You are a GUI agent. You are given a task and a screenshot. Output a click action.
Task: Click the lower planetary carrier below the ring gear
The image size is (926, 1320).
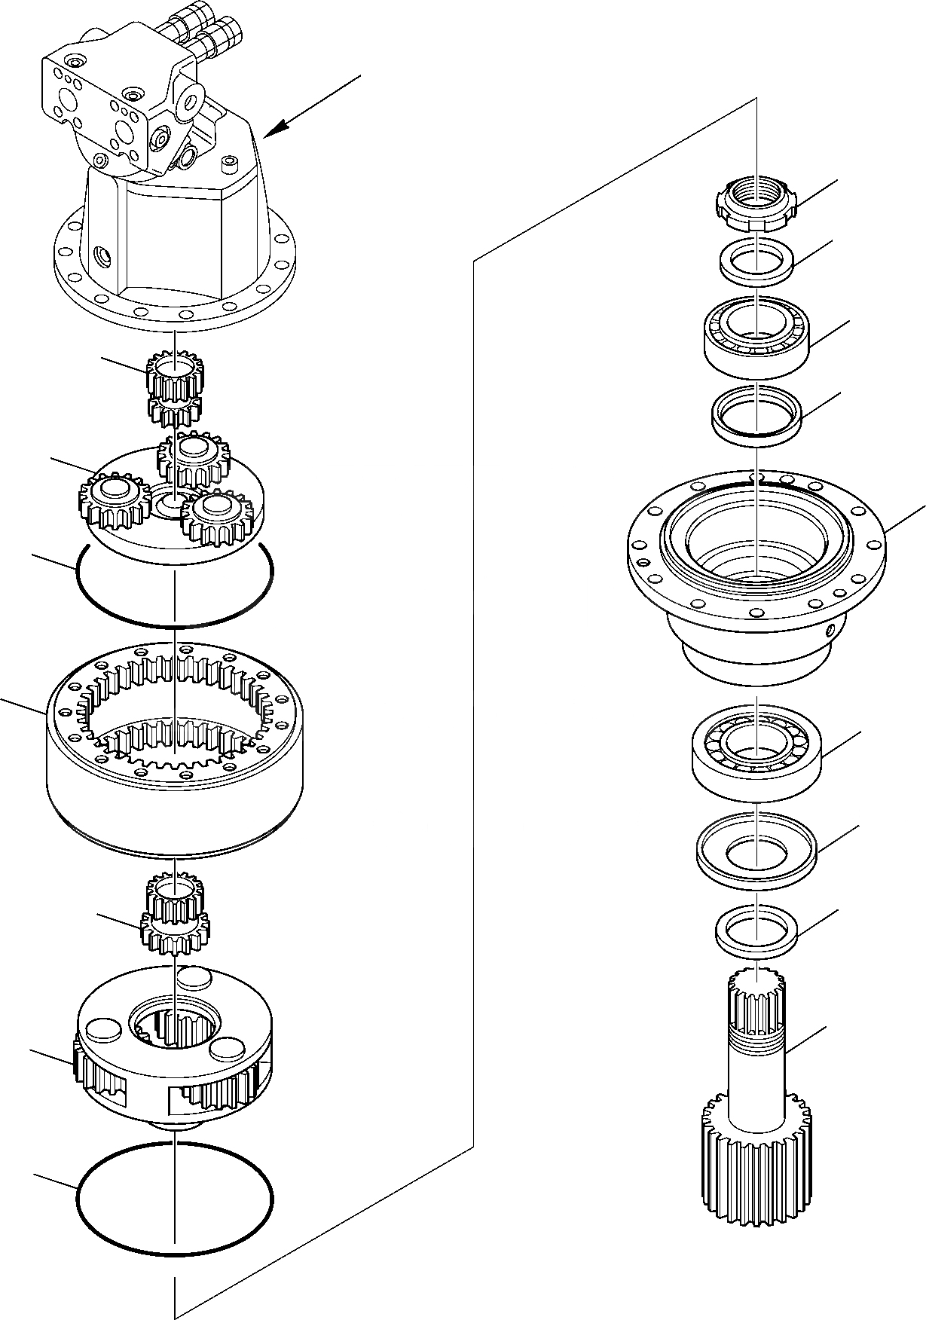tap(175, 1055)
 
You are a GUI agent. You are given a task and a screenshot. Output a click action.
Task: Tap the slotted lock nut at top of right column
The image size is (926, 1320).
tap(754, 206)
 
